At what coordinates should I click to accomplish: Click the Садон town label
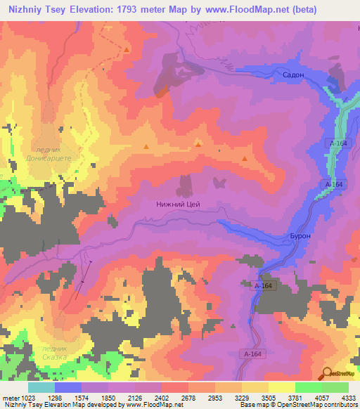(x=292, y=74)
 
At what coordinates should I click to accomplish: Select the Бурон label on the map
(x=300, y=237)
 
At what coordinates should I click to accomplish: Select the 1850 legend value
(x=108, y=396)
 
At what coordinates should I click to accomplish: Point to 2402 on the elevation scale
(x=162, y=396)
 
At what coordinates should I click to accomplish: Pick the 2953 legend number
(x=215, y=396)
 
